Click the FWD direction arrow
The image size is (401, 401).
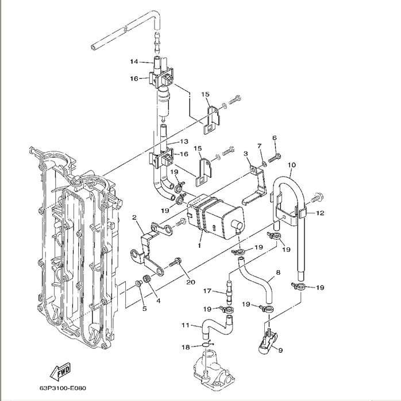click(x=60, y=372)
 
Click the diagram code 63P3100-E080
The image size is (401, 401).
click(x=63, y=388)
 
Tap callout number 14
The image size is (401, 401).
click(x=134, y=61)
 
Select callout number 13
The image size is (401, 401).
click(x=184, y=142)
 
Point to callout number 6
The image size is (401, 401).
click(x=275, y=138)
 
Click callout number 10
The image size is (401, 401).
click(x=292, y=165)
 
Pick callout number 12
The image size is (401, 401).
click(x=320, y=213)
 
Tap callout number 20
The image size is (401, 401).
click(x=191, y=282)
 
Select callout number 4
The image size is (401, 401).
click(x=158, y=301)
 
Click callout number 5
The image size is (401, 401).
click(x=144, y=309)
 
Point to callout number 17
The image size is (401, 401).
click(x=207, y=291)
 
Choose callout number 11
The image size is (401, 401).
click(x=185, y=325)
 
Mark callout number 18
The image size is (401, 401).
click(x=186, y=347)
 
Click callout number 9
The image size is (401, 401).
click(x=280, y=350)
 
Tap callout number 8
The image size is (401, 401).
click(x=278, y=272)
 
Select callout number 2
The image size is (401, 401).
click(x=134, y=217)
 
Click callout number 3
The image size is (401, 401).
click(x=245, y=154)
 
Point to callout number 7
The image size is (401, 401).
click(x=260, y=146)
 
